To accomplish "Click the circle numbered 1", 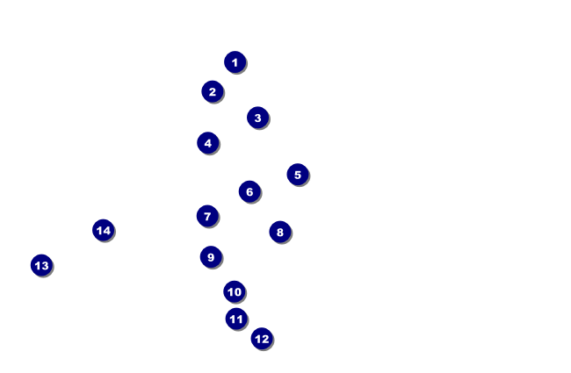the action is point(235,62).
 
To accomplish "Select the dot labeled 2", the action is point(213,91).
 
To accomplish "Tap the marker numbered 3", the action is point(257,118).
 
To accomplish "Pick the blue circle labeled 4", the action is point(208,143).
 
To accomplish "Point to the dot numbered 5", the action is point(298,175).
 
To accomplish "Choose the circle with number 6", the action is point(249,192).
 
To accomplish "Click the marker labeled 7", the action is point(207,216).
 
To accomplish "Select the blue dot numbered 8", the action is point(280,232).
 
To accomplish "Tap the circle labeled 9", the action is point(211,257).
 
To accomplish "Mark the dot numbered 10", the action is point(235,291).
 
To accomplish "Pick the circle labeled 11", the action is point(236,319).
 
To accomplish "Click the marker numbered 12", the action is point(262,339).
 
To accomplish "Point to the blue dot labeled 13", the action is point(41,265).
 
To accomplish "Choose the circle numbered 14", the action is point(104,230).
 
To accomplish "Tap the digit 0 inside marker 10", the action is point(237,292).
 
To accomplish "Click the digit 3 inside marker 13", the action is point(45,266).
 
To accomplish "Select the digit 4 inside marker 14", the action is point(106,231).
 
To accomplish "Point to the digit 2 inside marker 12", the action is point(264,339).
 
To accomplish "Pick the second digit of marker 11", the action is point(239,319).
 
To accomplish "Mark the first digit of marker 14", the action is point(99,231).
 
